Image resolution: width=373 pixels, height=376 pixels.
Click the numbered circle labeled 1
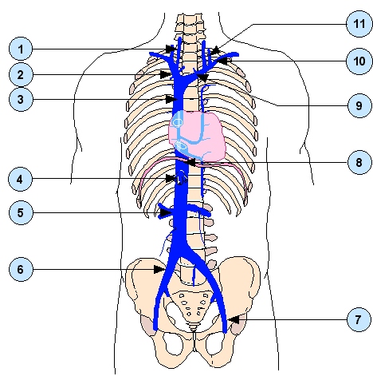(x=21, y=49)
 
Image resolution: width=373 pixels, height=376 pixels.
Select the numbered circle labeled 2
(x=21, y=75)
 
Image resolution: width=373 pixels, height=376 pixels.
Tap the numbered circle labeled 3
(x=21, y=99)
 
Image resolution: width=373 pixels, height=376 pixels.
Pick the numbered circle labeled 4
(x=20, y=179)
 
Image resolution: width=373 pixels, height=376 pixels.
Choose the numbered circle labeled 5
(x=21, y=213)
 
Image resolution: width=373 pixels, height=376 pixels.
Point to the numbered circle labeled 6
(x=21, y=269)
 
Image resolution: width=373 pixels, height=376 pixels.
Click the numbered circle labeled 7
(x=359, y=319)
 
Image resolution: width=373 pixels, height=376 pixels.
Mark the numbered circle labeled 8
(x=359, y=162)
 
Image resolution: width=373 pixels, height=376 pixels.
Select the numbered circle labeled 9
(x=359, y=105)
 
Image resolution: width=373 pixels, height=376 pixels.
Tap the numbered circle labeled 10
(x=359, y=61)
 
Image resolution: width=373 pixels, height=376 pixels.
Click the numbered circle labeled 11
(x=359, y=24)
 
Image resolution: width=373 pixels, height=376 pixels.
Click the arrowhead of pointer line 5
(x=166, y=213)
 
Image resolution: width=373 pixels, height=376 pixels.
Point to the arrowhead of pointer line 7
(x=234, y=319)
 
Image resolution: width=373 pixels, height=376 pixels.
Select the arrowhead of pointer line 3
(x=171, y=99)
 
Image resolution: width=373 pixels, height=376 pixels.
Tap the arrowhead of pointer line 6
(x=159, y=269)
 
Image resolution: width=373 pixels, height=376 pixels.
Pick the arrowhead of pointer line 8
(x=191, y=162)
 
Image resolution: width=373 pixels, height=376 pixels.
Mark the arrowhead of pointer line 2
(x=166, y=74)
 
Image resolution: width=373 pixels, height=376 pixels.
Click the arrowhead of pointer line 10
(x=222, y=61)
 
